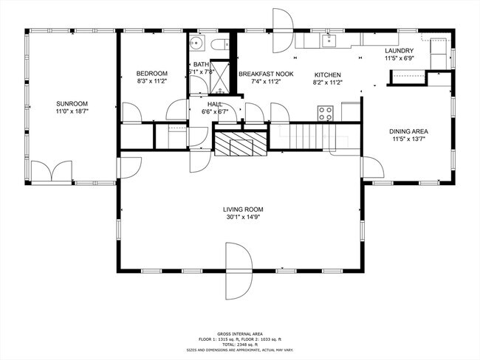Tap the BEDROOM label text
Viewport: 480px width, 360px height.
(x=152, y=74)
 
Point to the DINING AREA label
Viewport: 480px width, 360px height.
(x=408, y=131)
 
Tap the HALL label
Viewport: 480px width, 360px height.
(x=215, y=104)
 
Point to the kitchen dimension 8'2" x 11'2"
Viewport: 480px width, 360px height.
(x=326, y=83)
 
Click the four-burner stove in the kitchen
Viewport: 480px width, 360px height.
(x=325, y=113)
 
